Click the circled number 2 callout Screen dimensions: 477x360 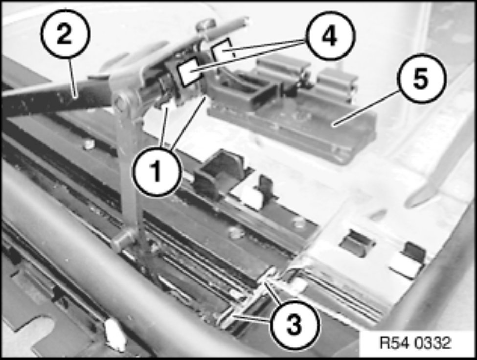tap(65, 33)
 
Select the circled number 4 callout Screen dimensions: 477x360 tap(331, 36)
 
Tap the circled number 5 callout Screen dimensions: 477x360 tap(421, 78)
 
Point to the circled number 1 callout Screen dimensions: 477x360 tap(157, 171)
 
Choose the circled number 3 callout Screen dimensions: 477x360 tap(294, 324)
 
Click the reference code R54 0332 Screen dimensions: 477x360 tap(415, 343)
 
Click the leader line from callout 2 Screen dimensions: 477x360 tap(73, 78)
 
